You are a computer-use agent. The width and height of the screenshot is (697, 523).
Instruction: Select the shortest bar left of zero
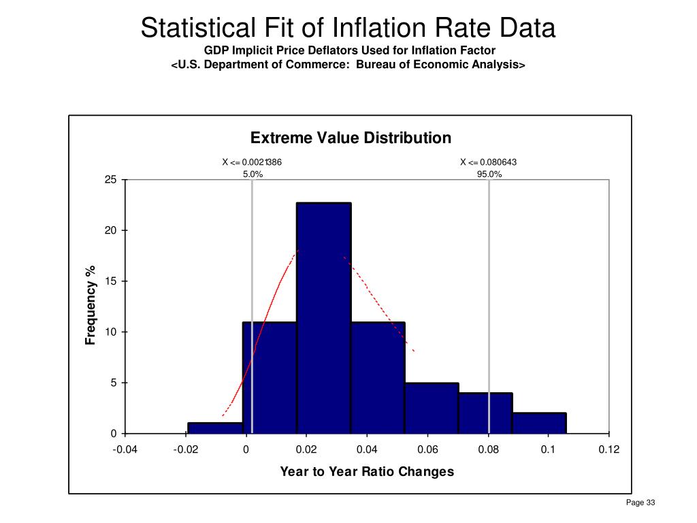[x=215, y=428]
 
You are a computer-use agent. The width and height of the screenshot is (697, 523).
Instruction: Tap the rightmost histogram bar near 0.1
[x=539, y=423]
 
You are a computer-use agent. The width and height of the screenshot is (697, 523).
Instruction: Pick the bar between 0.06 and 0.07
[x=432, y=408]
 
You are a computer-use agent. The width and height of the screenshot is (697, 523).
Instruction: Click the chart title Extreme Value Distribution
[x=351, y=138]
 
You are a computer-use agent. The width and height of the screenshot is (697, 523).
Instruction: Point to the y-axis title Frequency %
[x=90, y=305]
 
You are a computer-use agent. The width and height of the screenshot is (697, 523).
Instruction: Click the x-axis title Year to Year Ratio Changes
[x=367, y=471]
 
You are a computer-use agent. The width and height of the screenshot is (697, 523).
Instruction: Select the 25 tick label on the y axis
[x=110, y=180]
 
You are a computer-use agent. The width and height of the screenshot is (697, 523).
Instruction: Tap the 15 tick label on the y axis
[x=110, y=281]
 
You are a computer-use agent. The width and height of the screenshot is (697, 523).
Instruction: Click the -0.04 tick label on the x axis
[x=125, y=449]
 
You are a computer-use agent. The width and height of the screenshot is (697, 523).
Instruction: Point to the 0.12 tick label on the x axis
[x=609, y=449]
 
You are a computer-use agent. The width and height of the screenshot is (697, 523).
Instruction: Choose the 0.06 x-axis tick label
[x=427, y=449]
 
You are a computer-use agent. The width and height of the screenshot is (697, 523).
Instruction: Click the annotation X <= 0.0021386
[x=252, y=162]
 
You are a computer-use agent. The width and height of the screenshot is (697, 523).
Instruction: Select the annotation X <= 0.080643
[x=489, y=162]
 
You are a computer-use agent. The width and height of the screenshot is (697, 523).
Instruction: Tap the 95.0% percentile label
[x=489, y=174]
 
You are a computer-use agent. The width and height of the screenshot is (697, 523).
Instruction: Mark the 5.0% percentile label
[x=253, y=174]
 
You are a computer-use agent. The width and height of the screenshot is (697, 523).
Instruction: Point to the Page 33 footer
[x=640, y=503]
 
